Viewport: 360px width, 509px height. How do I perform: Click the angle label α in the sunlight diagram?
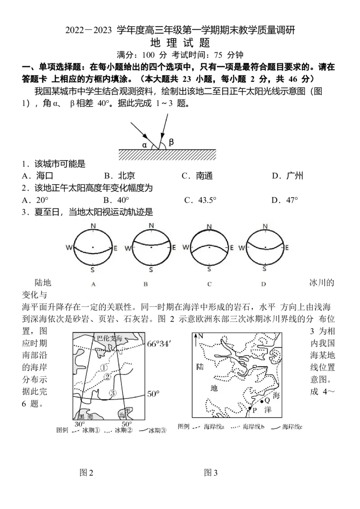145,145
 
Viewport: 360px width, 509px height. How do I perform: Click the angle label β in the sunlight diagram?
171,142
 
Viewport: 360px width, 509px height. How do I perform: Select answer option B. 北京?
119,176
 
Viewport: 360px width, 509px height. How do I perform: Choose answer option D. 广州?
288,176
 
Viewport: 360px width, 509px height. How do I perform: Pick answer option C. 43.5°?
200,200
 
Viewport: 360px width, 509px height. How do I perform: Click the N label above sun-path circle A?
93,226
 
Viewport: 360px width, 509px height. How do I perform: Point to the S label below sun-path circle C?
209,269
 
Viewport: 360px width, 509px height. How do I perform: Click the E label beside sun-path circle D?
287,248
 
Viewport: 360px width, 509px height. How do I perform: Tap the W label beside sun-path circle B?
128,248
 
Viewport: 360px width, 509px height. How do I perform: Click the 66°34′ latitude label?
158,344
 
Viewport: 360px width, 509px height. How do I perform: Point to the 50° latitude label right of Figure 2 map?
153,394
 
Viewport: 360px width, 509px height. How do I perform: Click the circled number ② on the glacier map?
107,377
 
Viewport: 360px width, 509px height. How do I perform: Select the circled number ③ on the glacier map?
112,393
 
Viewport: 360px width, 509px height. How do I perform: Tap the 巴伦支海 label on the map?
109,339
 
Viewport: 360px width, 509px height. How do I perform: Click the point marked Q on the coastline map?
262,402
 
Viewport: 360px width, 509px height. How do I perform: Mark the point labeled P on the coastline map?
250,408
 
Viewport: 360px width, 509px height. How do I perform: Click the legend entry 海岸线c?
287,427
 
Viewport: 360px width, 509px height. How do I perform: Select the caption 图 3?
211,473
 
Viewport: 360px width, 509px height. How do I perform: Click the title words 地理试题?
180,43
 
